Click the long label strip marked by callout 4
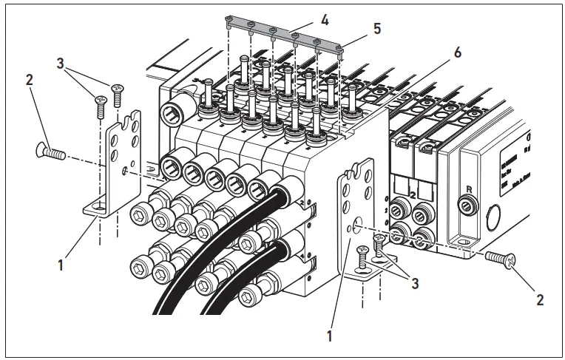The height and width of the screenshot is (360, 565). (x=285, y=29)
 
